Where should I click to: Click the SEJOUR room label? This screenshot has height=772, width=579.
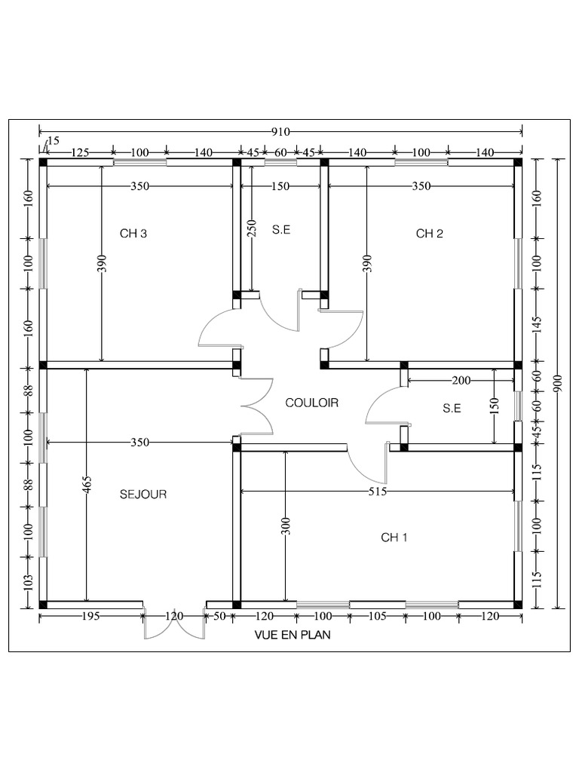(x=143, y=495)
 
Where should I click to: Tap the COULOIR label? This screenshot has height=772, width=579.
(x=312, y=403)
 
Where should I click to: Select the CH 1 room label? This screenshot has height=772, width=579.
(x=394, y=537)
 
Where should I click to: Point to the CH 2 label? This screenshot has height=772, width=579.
(x=429, y=234)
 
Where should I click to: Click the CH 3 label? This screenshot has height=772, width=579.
(x=133, y=234)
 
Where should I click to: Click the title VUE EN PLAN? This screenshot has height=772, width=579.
(x=293, y=635)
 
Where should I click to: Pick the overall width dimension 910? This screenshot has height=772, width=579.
(x=280, y=132)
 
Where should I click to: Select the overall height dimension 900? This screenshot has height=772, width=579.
(x=557, y=384)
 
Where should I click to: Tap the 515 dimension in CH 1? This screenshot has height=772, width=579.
(x=378, y=492)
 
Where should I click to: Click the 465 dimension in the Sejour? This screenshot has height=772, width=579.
(x=87, y=485)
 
